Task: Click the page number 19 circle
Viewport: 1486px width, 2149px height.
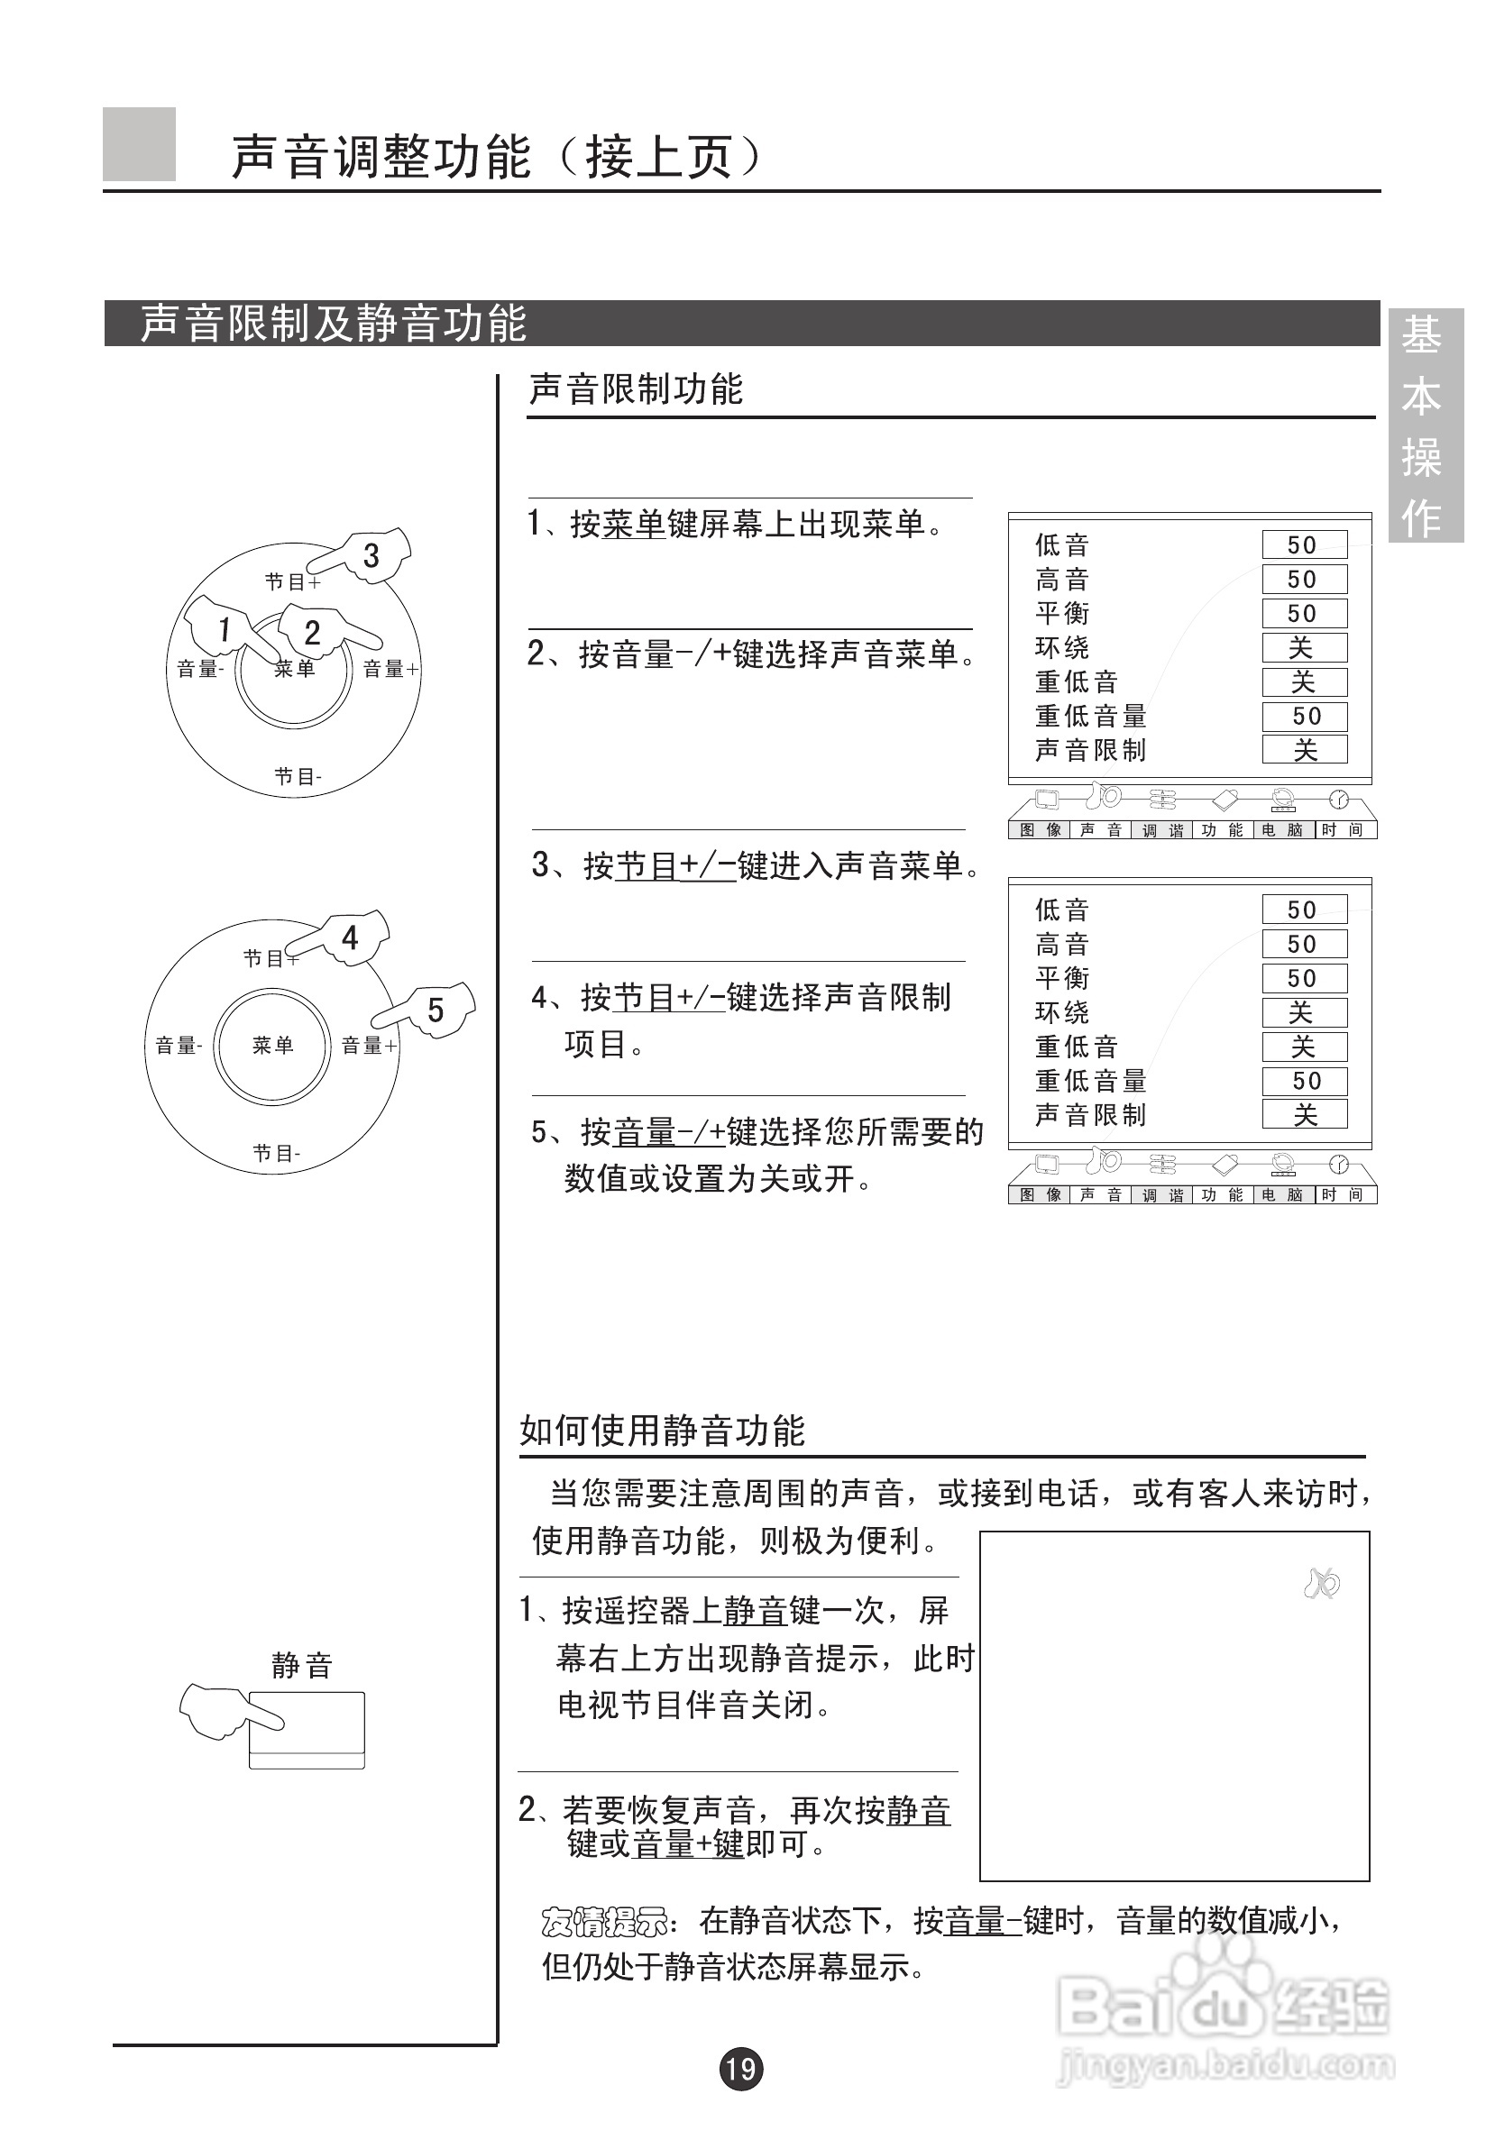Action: tap(740, 2068)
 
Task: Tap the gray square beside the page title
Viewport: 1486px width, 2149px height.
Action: tap(139, 144)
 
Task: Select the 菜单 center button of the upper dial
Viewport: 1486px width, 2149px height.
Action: tap(294, 668)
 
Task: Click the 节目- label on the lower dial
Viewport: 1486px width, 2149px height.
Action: tap(277, 1153)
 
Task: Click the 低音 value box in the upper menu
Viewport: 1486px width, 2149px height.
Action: tap(1304, 544)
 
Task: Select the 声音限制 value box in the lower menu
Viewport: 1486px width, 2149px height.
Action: tap(1304, 1114)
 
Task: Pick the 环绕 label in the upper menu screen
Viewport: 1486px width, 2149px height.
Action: tap(1061, 647)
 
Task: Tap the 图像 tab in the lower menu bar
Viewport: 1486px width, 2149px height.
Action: tap(1040, 1194)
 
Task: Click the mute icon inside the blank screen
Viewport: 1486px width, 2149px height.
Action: tap(1321, 1583)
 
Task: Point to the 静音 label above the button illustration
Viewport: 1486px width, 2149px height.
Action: tap(302, 1665)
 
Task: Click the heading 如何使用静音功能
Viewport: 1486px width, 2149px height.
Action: tap(661, 1431)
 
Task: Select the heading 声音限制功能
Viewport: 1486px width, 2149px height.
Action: tap(636, 389)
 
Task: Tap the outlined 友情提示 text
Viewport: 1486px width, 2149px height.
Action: tap(604, 1921)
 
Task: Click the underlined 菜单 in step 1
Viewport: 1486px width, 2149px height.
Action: tap(634, 524)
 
